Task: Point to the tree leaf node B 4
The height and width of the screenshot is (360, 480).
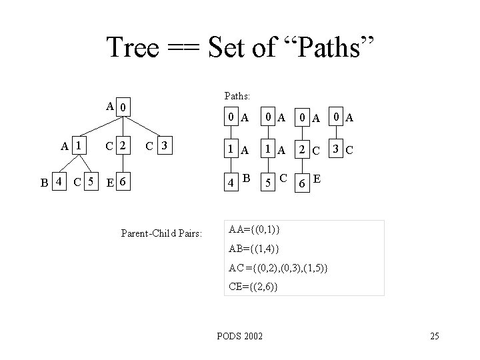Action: [x=52, y=181]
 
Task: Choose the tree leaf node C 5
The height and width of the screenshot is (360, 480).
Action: [x=87, y=181]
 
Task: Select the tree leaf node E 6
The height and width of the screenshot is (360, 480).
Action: [x=121, y=181]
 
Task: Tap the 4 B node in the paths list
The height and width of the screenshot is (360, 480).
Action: [x=237, y=180]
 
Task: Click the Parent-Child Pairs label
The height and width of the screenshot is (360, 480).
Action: [x=161, y=233]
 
